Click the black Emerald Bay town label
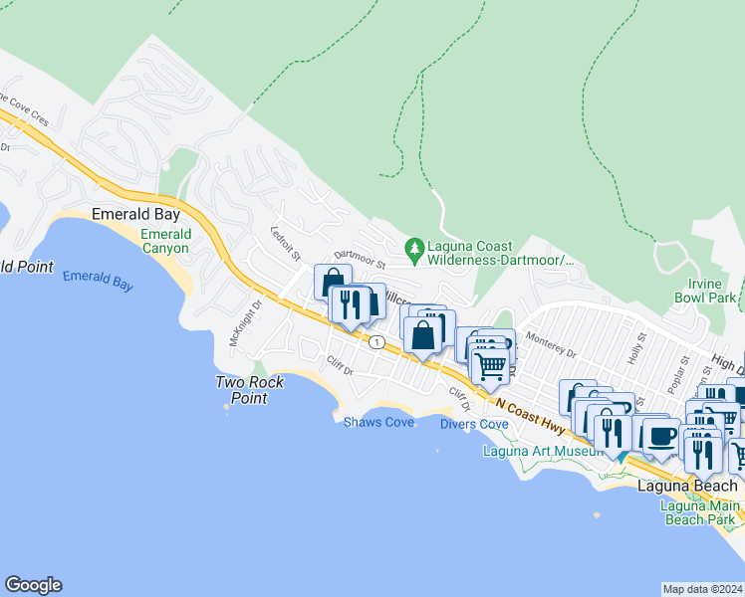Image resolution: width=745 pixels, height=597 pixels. point(134,213)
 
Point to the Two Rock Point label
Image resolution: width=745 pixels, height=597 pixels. point(250,390)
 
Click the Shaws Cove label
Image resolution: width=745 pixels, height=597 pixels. point(378,423)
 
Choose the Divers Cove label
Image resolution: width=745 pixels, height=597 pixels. point(474,424)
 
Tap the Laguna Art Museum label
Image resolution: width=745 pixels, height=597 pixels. point(543,451)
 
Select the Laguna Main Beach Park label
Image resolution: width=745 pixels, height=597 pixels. point(699,511)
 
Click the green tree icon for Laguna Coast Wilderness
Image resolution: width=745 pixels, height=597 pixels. point(413,247)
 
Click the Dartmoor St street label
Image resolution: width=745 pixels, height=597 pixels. point(359,260)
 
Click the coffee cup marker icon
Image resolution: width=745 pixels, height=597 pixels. point(660,435)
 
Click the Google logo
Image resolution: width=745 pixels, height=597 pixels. point(33,585)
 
